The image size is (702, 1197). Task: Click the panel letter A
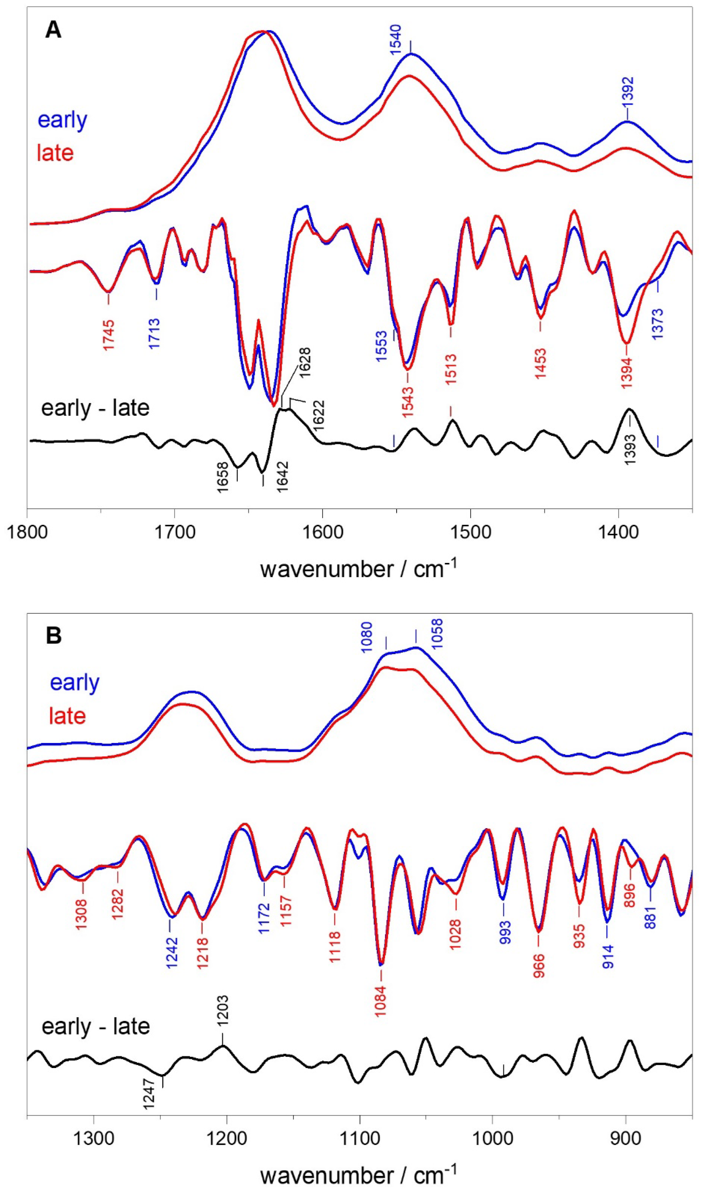[x=53, y=31]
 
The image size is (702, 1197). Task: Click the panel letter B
[x=53, y=636]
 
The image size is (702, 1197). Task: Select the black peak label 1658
[x=223, y=478]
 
